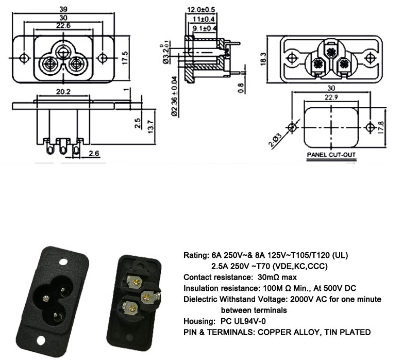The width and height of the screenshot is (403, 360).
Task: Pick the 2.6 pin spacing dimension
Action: point(94,153)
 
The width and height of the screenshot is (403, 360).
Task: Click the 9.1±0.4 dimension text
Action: point(205,28)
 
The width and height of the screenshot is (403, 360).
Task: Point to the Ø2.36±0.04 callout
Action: point(175,97)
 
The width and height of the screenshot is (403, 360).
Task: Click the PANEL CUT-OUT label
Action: point(331,154)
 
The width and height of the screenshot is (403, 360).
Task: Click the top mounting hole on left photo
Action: point(64,262)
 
